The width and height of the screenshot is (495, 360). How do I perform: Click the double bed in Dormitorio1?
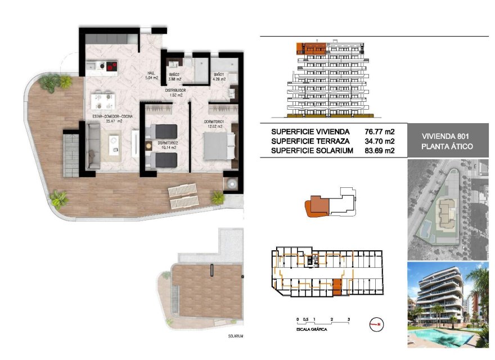point(217,147)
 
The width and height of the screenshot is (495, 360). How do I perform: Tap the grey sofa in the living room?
point(93,146)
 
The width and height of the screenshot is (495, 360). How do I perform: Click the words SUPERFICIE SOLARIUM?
point(312,151)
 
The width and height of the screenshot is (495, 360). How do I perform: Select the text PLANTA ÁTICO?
point(445,146)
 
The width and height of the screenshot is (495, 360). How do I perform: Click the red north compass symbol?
point(377,323)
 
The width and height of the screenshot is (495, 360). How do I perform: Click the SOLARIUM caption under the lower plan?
point(235,336)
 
